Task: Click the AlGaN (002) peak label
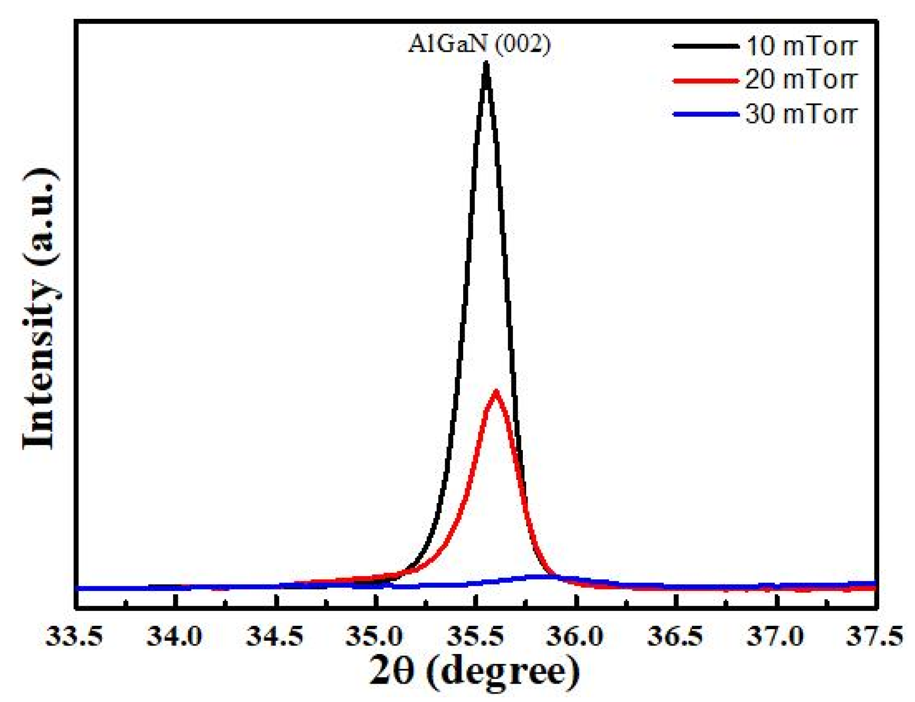point(479,45)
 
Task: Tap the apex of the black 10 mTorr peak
point(486,65)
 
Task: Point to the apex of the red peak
point(496,392)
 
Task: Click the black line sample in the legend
point(705,46)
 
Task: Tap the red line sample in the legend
point(705,80)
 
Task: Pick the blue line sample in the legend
point(705,114)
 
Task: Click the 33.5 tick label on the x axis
point(74,637)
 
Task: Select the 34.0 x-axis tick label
point(174,637)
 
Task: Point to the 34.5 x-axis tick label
point(275,637)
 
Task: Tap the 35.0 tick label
point(375,637)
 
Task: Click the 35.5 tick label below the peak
point(475,637)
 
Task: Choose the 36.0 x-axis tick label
point(576,637)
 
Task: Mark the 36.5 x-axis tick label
point(675,637)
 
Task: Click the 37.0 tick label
point(776,637)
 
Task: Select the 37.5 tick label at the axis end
point(875,637)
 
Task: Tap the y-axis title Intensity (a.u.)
point(41,308)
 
